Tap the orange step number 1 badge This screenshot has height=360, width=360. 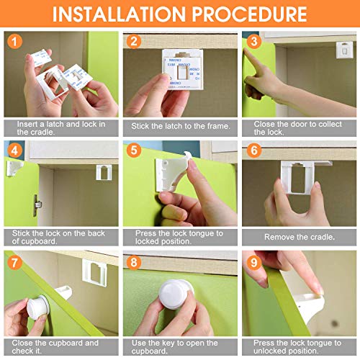(x=15, y=42)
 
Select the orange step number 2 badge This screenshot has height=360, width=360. (x=133, y=42)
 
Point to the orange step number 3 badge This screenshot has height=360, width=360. (x=253, y=42)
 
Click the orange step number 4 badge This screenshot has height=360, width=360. (x=15, y=152)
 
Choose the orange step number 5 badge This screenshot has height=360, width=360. (x=133, y=152)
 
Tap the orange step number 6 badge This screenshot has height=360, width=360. (x=253, y=152)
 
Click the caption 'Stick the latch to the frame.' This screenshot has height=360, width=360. (x=179, y=126)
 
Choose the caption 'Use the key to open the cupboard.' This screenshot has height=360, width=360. (x=179, y=346)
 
